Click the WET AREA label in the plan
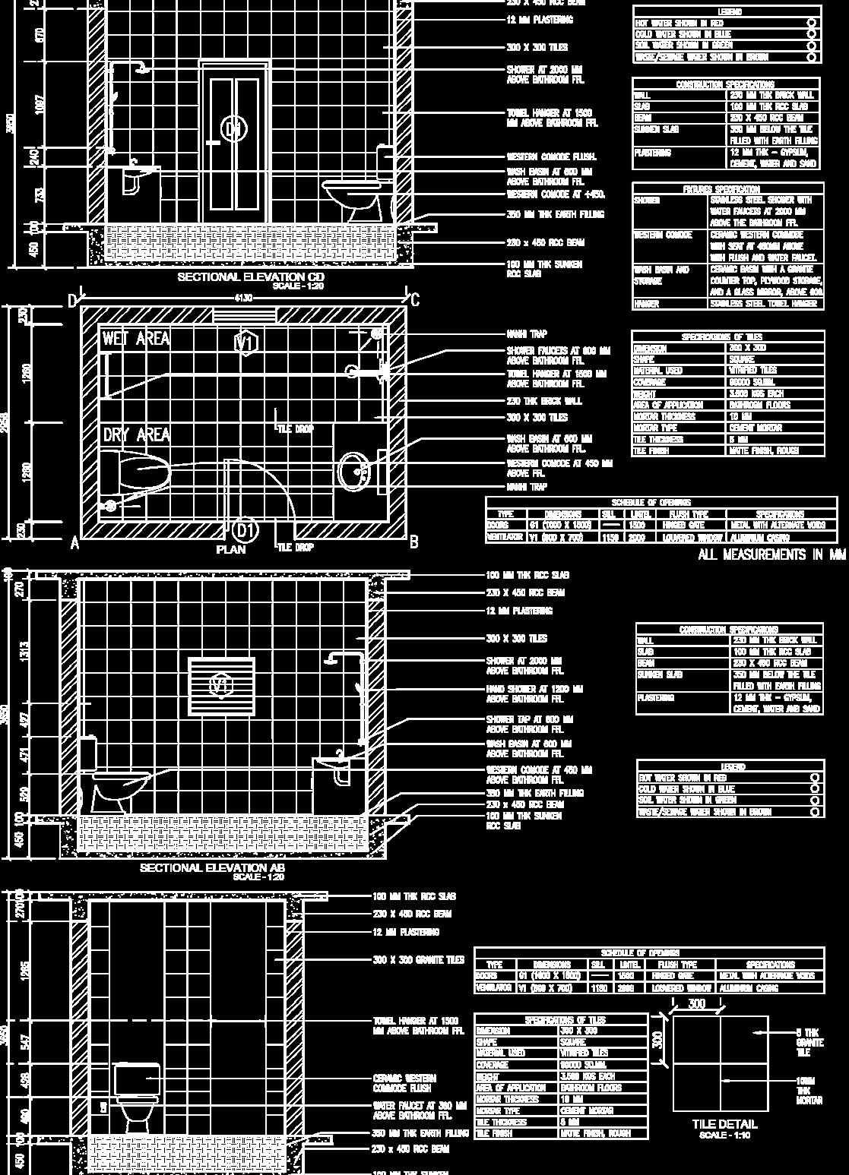[x=136, y=340]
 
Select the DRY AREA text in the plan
[x=136, y=435]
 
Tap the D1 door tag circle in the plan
[x=245, y=529]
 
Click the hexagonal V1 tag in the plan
[x=246, y=343]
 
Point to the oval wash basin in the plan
[x=353, y=472]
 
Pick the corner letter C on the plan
[x=415, y=300]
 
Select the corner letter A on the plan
[x=74, y=543]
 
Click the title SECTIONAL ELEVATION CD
[x=251, y=277]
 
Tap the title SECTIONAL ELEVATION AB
[x=213, y=867]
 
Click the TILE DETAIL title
[x=724, y=1124]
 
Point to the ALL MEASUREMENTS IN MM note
[x=771, y=555]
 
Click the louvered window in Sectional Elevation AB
[x=221, y=686]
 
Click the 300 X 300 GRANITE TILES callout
[x=418, y=960]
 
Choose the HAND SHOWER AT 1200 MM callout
[x=534, y=693]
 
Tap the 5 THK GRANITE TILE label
[x=807, y=1042]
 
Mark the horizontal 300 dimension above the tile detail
[x=696, y=1004]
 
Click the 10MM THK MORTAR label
[x=808, y=1090]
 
